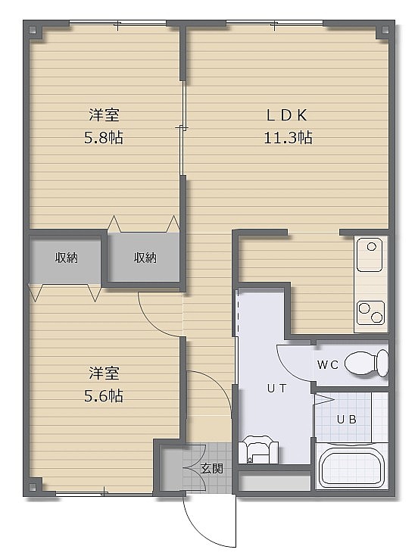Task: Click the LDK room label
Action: point(287,115)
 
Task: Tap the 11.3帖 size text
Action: point(288,137)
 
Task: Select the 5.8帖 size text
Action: point(104,137)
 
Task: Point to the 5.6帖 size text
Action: point(104,395)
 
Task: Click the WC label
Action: point(327,364)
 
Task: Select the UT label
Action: point(277,389)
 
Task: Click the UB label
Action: point(346,420)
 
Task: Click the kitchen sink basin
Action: point(370,255)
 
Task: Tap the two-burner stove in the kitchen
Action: point(371,312)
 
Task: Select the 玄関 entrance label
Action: point(212,468)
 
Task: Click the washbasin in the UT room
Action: point(258,449)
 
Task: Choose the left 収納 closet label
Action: point(67,258)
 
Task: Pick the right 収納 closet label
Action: point(145,258)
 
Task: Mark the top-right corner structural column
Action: point(385,30)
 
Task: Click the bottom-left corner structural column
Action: point(33,487)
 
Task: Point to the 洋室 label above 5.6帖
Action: point(104,373)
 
